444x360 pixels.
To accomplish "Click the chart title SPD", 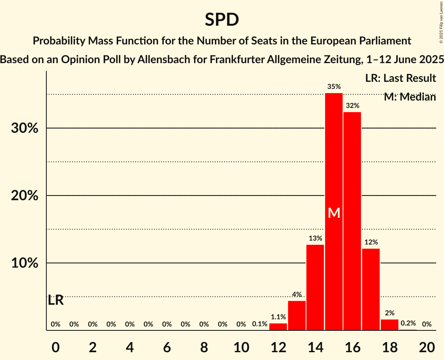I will coord(222,20).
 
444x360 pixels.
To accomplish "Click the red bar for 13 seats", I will coord(297,316).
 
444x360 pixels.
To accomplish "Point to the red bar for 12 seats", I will coord(278,327).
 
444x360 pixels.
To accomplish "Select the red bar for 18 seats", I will coord(389,325).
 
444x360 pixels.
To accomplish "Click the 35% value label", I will coord(334,86).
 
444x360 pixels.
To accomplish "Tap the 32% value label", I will coord(352,106).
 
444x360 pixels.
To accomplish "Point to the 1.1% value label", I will coord(278,317).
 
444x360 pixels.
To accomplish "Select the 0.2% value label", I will coord(408,323).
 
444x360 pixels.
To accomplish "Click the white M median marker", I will coord(334,213).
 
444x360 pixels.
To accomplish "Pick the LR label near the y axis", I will coord(56,300).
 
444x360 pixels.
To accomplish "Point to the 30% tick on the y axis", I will coord(25,128).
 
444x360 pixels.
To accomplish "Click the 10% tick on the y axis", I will coord(25,263).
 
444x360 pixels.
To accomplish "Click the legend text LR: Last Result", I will coord(400,78).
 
